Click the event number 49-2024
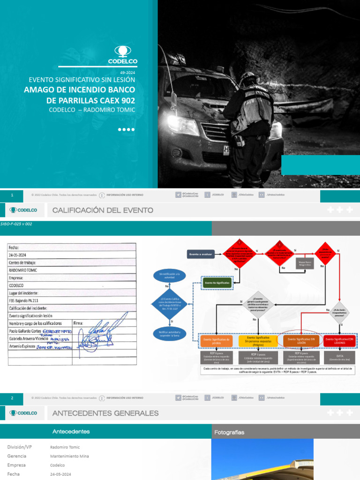pyautogui.click(x=127, y=73)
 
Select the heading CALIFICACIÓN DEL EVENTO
pyautogui.click(x=103, y=210)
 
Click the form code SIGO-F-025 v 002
pyautogui.click(x=16, y=224)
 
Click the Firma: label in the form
pyautogui.click(x=79, y=323)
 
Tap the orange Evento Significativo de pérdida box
pyautogui.click(x=216, y=341)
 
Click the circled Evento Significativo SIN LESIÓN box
pyautogui.click(x=299, y=341)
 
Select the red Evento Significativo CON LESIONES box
pyautogui.click(x=340, y=341)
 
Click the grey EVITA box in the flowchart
pyautogui.click(x=339, y=358)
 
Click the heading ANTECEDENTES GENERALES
pyautogui.click(x=105, y=413)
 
